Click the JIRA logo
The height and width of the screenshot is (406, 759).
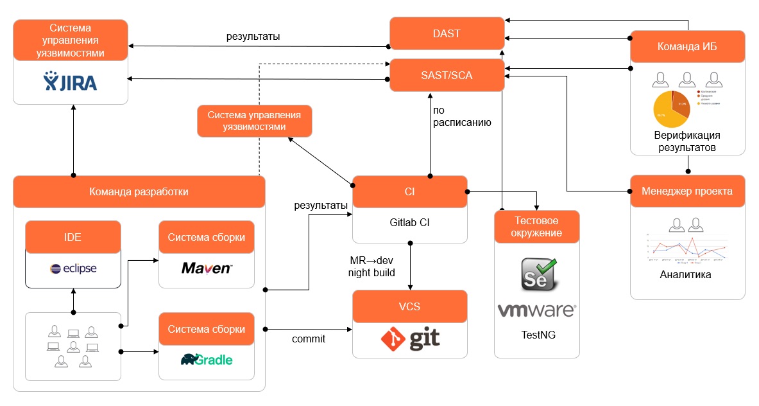pyautogui.click(x=71, y=82)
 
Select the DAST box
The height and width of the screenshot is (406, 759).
pyautogui.click(x=446, y=33)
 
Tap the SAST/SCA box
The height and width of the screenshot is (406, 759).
pyautogui.click(x=446, y=75)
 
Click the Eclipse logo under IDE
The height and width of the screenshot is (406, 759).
pyautogui.click(x=73, y=269)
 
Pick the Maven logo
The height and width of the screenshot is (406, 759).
pyautogui.click(x=207, y=269)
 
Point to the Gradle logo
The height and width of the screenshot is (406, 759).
pyautogui.click(x=207, y=360)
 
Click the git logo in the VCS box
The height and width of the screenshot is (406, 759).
pyautogui.click(x=411, y=338)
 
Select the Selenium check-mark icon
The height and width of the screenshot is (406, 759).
pyautogui.click(x=538, y=274)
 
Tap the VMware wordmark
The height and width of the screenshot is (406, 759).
pyautogui.click(x=537, y=311)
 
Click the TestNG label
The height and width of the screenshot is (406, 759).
pyautogui.click(x=537, y=335)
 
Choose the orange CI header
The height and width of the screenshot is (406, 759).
pyautogui.click(x=410, y=191)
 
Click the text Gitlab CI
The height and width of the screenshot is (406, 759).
pyautogui.click(x=410, y=223)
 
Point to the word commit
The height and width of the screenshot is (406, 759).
pyautogui.click(x=308, y=339)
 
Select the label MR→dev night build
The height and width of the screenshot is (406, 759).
pyautogui.click(x=371, y=266)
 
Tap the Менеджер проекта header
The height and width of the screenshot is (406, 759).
pyautogui.click(x=687, y=191)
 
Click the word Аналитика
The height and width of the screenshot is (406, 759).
pyautogui.click(x=685, y=274)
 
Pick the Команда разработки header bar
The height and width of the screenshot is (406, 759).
pyautogui.click(x=139, y=191)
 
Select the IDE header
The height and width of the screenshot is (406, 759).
pyautogui.click(x=73, y=237)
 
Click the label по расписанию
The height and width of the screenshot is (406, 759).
pyautogui.click(x=462, y=116)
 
